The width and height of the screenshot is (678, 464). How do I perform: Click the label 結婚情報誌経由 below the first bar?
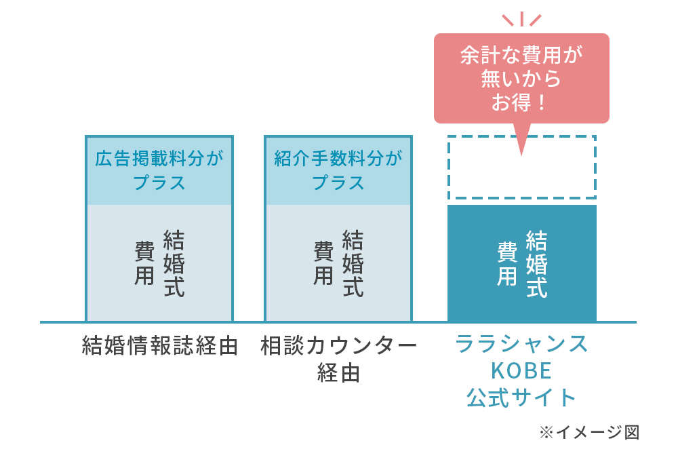[x=160, y=346]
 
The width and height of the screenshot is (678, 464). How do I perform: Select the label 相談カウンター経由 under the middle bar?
[x=338, y=359]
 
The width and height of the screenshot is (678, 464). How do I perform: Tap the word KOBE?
[x=521, y=371]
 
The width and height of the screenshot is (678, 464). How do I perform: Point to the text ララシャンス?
[x=521, y=345]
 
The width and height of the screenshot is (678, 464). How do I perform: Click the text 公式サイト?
[x=521, y=398]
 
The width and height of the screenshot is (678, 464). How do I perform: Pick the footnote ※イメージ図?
[x=589, y=432]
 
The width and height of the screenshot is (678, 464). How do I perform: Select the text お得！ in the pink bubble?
[x=519, y=103]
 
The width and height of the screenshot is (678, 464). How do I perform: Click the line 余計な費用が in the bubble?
[x=521, y=56]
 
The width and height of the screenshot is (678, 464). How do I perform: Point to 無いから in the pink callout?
[x=521, y=79]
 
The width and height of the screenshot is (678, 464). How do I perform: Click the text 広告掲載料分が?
[x=159, y=158]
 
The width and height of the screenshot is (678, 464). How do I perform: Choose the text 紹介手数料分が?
[x=338, y=158]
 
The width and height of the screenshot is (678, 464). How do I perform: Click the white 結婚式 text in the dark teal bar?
[x=536, y=264]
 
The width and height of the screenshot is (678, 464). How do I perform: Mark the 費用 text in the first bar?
[x=144, y=263]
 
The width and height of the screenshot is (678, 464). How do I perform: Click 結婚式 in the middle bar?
[x=353, y=264]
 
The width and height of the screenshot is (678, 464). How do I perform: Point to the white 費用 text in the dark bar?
[x=507, y=263]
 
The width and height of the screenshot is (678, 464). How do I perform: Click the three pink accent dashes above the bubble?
[x=522, y=19]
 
